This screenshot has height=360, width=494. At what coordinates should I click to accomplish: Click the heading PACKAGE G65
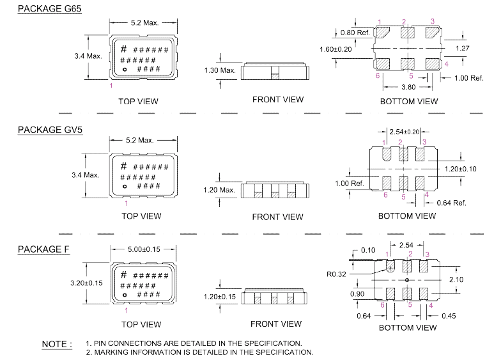[x=49, y=9]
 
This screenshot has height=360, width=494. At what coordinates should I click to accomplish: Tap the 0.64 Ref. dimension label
[x=450, y=203]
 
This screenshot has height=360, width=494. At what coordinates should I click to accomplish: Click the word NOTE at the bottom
[x=57, y=344]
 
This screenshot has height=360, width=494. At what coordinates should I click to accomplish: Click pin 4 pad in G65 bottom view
[x=433, y=64]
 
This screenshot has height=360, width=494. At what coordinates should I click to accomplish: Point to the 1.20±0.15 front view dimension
[x=219, y=297]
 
